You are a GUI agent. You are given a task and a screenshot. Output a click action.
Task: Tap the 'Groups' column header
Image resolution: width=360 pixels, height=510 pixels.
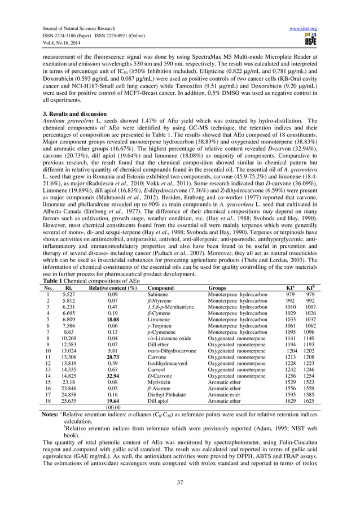218,287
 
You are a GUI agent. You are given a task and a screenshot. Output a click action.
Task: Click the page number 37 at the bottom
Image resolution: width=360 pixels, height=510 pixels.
180,481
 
